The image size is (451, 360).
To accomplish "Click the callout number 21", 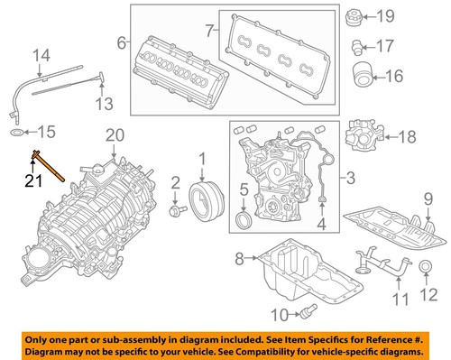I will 32,181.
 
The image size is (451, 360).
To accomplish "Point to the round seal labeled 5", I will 244,222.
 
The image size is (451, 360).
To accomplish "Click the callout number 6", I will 121,42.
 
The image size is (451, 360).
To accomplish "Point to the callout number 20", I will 112,136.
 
